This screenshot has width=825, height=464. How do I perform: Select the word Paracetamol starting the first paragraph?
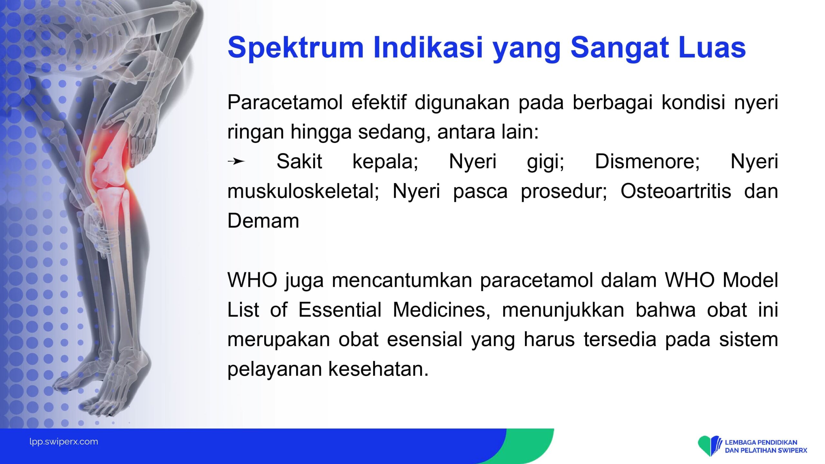click(285, 102)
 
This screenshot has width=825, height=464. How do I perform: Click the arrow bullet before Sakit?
click(236, 161)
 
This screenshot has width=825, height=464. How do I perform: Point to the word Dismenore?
click(647, 161)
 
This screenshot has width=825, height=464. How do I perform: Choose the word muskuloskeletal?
click(303, 191)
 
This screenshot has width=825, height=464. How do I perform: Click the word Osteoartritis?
click(676, 191)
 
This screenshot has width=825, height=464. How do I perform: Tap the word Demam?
click(263, 221)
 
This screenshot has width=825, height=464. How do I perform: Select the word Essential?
click(340, 310)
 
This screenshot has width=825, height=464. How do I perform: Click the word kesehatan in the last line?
click(378, 369)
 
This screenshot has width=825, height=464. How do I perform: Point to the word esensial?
click(425, 339)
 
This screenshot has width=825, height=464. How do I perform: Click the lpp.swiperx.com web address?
click(64, 442)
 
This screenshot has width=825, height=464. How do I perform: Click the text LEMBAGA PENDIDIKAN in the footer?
click(761, 442)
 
